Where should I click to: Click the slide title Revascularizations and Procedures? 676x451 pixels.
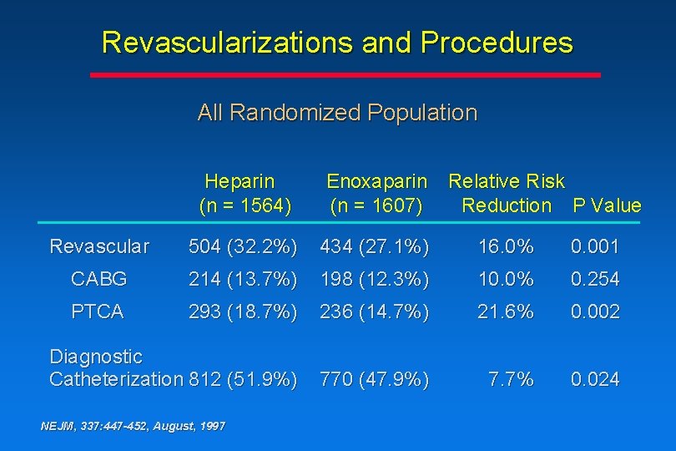click(337, 43)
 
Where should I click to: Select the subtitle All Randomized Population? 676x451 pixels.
click(337, 113)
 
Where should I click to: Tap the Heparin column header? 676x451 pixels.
click(240, 181)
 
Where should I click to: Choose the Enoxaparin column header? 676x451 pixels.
click(376, 181)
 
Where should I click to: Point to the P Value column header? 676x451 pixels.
click(607, 205)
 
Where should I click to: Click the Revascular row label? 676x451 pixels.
click(99, 246)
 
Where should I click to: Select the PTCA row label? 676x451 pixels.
click(97, 312)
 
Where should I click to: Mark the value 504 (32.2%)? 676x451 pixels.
click(243, 246)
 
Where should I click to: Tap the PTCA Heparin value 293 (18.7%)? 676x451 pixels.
click(243, 312)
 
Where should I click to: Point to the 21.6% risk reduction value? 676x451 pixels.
click(505, 312)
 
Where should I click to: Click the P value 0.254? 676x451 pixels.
click(595, 278)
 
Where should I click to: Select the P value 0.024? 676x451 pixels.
click(595, 379)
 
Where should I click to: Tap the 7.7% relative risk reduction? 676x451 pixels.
click(511, 379)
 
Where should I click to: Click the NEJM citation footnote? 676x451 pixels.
click(133, 426)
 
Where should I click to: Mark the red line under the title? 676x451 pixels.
click(345, 74)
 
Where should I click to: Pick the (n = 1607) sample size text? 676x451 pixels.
click(376, 205)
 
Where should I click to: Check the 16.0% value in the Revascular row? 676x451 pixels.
click(505, 246)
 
